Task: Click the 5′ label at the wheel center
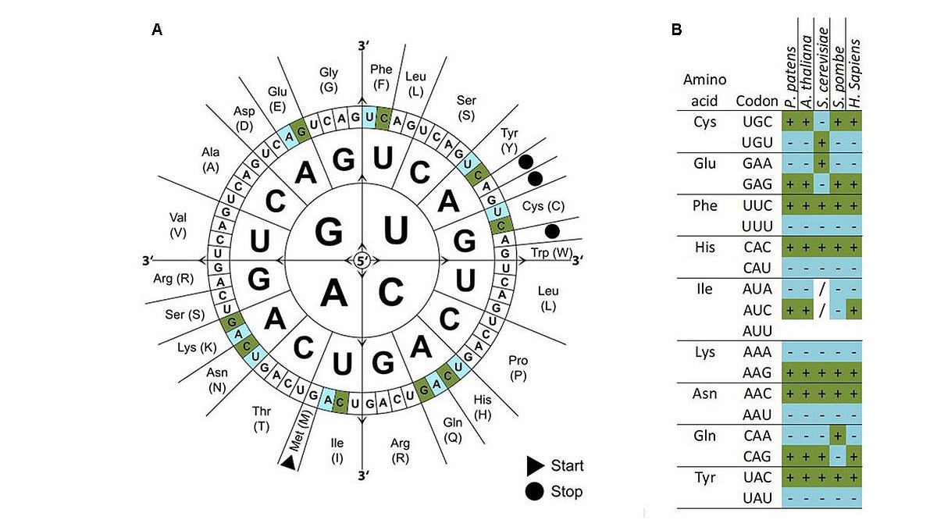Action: point(362,261)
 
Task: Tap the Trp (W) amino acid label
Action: point(551,253)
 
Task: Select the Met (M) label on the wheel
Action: point(301,430)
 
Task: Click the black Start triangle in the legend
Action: point(535,466)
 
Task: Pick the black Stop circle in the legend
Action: point(534,491)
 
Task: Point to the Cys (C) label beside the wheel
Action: point(543,206)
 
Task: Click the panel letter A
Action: point(157,30)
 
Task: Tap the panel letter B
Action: point(676,30)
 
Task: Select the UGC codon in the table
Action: point(757,122)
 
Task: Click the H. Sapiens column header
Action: point(854,73)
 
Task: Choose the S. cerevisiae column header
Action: point(822,67)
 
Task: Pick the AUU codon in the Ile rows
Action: point(757,331)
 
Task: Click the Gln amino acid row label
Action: point(705,436)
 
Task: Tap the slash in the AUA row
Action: point(822,289)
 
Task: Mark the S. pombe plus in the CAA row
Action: point(838,436)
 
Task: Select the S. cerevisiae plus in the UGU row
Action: point(822,143)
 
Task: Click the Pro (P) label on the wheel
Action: point(518,368)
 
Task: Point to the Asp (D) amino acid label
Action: point(244,119)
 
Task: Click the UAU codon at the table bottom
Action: point(757,499)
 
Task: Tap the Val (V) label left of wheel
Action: point(178,225)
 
